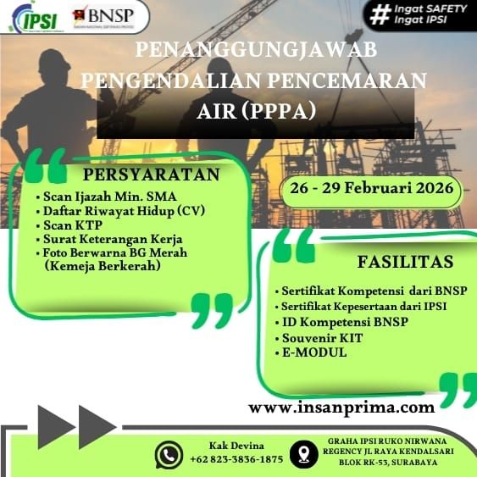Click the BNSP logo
[x=103, y=16]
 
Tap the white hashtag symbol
[x=380, y=14]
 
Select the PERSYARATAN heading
[x=151, y=175]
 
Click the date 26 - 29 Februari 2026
[x=371, y=188]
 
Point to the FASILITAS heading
[x=405, y=262]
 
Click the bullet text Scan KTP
[x=73, y=225]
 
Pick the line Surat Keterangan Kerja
[x=113, y=239]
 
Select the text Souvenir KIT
[x=323, y=338]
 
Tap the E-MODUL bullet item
[x=314, y=352]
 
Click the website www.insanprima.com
[x=341, y=408]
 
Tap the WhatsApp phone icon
[x=169, y=455]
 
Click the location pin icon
[x=303, y=454]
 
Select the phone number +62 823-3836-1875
[x=236, y=459]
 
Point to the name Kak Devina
[x=236, y=446]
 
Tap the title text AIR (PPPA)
[x=256, y=111]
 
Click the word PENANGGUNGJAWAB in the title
[x=256, y=50]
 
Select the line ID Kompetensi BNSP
[x=346, y=322]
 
